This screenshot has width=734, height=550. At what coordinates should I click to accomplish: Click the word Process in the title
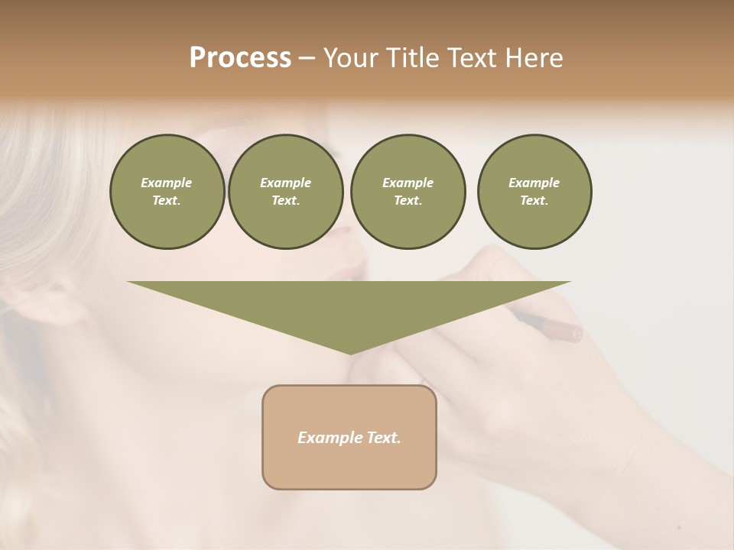pos(240,58)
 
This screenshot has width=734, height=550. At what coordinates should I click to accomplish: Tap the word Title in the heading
pos(415,58)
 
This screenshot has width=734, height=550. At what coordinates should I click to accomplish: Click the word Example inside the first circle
pos(167,183)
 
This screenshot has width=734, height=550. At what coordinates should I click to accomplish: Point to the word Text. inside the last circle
pos(534,201)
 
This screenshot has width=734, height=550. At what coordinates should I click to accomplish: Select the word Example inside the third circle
pos(408,183)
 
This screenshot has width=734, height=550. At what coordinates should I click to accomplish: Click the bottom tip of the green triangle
pos(350,352)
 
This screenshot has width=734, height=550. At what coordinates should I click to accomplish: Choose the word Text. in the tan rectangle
pos(384,438)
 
